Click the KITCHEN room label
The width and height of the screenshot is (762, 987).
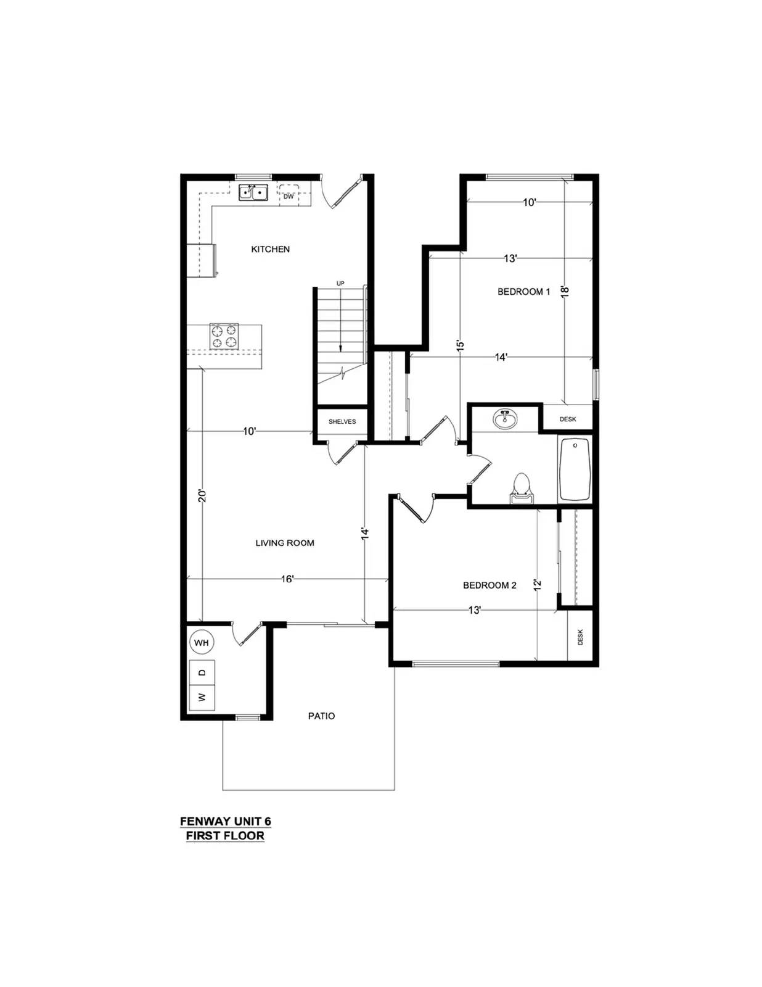click(x=271, y=249)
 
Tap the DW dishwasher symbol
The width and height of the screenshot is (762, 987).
click(x=289, y=196)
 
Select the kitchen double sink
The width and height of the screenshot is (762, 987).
click(x=254, y=192)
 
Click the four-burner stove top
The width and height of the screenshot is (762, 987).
click(x=224, y=336)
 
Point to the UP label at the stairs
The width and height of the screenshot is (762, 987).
click(x=340, y=283)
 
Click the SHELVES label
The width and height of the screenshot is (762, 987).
click(x=342, y=421)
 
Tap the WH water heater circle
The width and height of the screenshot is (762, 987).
click(x=202, y=643)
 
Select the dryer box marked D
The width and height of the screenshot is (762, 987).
click(x=202, y=672)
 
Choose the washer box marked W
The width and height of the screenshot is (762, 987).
click(x=202, y=696)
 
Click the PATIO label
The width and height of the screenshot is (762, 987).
click(x=321, y=716)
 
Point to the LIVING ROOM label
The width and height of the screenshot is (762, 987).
click(x=285, y=543)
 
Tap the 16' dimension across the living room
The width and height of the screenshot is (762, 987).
click(x=288, y=579)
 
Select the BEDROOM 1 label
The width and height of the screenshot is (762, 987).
click(x=524, y=292)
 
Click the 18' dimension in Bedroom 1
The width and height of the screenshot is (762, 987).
click(x=564, y=291)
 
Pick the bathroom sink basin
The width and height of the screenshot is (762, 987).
click(x=504, y=419)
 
